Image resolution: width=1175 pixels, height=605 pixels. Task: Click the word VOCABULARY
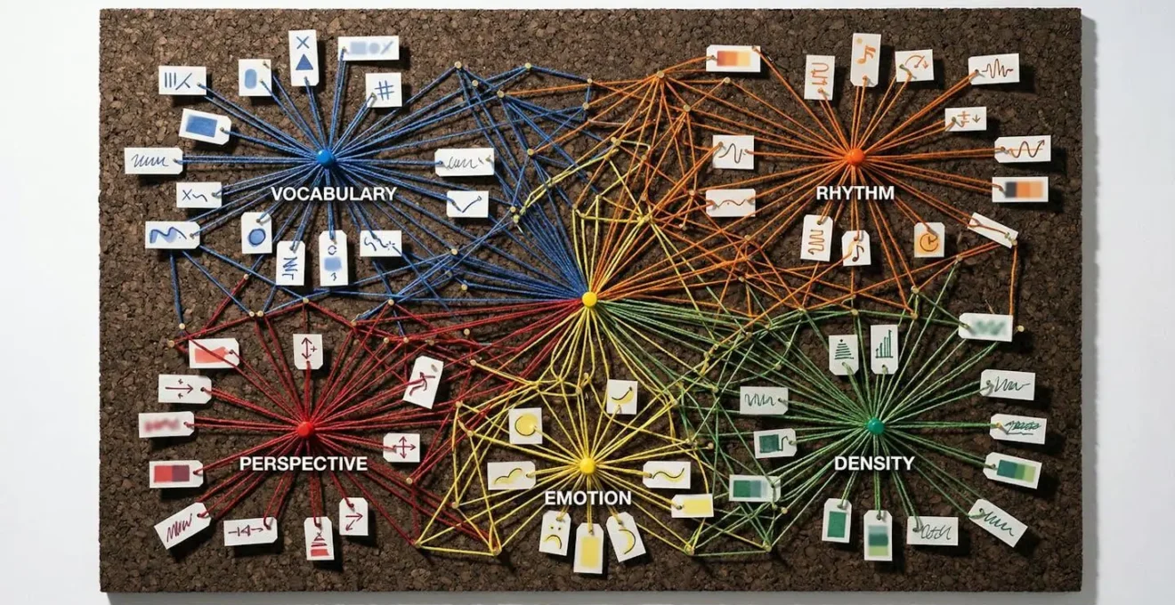pyautogui.click(x=334, y=194)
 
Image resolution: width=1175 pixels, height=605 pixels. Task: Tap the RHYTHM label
pyautogui.click(x=855, y=192)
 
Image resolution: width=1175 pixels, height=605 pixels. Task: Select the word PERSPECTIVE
pyautogui.click(x=303, y=464)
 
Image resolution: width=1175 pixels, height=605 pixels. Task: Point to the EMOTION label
pyautogui.click(x=587, y=498)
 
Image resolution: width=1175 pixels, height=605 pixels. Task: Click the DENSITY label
pyautogui.click(x=873, y=464)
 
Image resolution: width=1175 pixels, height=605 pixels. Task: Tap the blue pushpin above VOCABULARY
pyautogui.click(x=325, y=157)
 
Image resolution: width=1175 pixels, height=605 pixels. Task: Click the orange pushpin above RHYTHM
pyautogui.click(x=855, y=157)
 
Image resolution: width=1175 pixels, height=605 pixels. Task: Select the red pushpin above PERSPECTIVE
pyautogui.click(x=304, y=429)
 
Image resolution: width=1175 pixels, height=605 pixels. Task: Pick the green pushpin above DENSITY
pyautogui.click(x=875, y=426)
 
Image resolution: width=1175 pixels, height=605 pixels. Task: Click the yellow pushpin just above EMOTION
pyautogui.click(x=587, y=465)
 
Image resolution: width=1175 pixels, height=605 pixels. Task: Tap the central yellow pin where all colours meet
pyautogui.click(x=588, y=299)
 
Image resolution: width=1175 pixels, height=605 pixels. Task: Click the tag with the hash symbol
pyautogui.click(x=384, y=90)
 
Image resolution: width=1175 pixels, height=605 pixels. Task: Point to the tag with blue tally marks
pyautogui.click(x=182, y=80)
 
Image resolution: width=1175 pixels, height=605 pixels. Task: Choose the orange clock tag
pyautogui.click(x=928, y=239)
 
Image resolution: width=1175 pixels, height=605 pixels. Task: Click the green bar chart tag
pyautogui.click(x=884, y=349)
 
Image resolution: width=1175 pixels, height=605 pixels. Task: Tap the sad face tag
pyautogui.click(x=555, y=532)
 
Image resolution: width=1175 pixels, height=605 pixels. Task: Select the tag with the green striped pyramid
pyautogui.click(x=843, y=354)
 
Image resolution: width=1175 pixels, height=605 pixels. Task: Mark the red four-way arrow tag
pyautogui.click(x=401, y=447)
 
